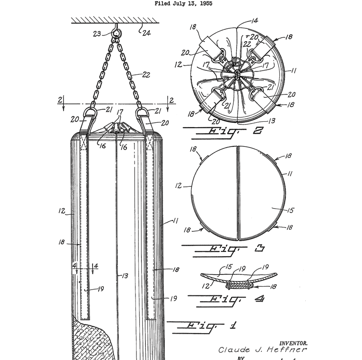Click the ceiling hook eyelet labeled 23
pos(116,34)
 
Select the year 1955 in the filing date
pos(205,3)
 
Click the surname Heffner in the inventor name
pos(286,349)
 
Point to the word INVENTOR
pos(294,343)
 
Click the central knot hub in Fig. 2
pos(237,74)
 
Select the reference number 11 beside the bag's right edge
pos(175,221)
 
